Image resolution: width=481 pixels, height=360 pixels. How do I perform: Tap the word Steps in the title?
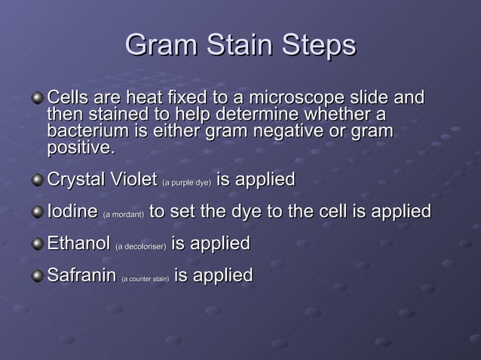317,46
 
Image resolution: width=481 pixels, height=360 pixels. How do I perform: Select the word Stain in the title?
238,46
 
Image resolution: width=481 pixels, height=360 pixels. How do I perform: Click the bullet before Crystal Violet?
38,182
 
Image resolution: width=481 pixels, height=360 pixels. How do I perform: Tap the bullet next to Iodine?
38,214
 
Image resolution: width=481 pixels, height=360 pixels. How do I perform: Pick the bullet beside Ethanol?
38,246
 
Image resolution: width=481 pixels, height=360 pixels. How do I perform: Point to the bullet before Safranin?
38,277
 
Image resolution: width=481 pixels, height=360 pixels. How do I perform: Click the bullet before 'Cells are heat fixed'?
38,99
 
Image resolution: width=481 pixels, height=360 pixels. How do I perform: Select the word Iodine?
72,212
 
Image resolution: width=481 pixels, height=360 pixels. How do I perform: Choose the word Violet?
131,180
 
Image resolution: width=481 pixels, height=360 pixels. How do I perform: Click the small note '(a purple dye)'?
186,183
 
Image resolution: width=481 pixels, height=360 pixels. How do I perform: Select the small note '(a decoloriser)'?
141,247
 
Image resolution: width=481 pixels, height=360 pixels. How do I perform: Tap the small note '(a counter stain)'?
146,279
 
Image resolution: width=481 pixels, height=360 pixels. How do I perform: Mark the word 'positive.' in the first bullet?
81,148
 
